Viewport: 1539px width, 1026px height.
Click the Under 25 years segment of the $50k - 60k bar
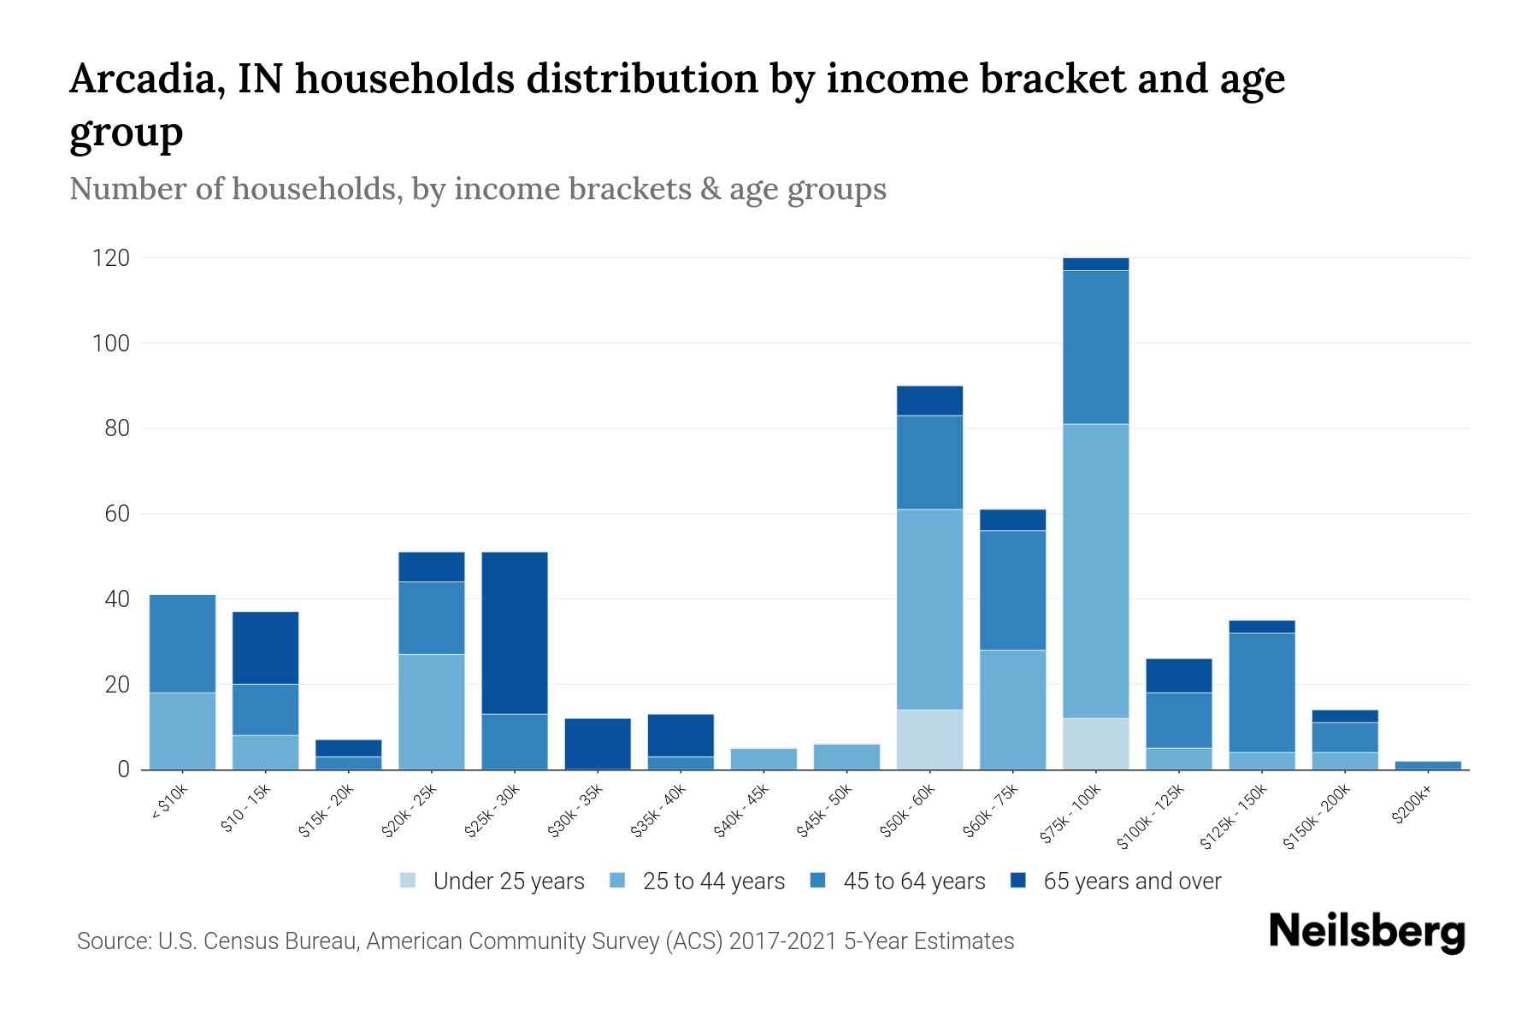pyautogui.click(x=929, y=740)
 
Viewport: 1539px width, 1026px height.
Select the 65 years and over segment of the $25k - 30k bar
pyautogui.click(x=515, y=633)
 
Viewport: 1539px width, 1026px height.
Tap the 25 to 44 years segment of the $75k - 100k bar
pyautogui.click(x=1095, y=570)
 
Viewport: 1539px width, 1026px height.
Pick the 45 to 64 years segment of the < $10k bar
pyautogui.click(x=182, y=643)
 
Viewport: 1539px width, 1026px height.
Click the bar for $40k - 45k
pyautogui.click(x=764, y=759)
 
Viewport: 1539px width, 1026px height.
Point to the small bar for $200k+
pyautogui.click(x=1428, y=765)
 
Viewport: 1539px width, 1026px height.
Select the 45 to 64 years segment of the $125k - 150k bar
pyautogui.click(x=1261, y=693)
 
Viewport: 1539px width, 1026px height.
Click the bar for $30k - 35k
pyautogui.click(x=598, y=744)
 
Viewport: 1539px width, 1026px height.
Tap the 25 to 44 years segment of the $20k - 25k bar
pyautogui.click(x=432, y=711)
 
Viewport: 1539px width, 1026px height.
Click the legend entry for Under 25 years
pyautogui.click(x=509, y=882)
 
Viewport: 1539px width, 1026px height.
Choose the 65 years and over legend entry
pyautogui.click(x=1132, y=882)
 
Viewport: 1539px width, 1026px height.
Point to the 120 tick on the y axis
pyautogui.click(x=111, y=258)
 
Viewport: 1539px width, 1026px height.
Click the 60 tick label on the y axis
pyautogui.click(x=117, y=514)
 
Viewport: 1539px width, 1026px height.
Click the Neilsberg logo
pyautogui.click(x=1366, y=932)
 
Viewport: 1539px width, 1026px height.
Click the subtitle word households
pyautogui.click(x=315, y=188)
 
